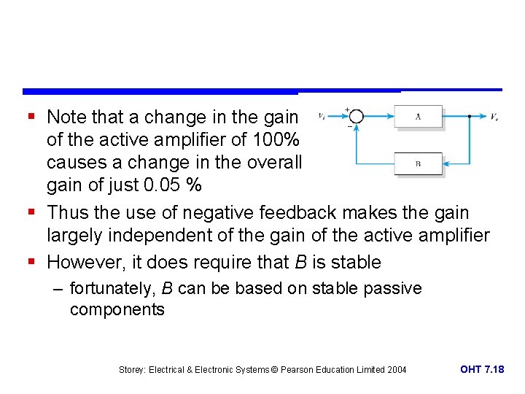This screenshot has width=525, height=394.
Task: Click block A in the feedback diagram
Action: coord(418,116)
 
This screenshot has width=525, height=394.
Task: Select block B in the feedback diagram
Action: coord(418,163)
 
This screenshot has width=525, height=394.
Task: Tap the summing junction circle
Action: coord(355,116)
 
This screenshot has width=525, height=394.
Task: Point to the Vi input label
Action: coord(322,116)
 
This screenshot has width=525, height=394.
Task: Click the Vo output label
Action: coord(494,116)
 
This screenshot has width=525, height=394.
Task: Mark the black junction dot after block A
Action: coord(468,116)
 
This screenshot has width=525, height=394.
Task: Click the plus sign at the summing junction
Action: coord(348,109)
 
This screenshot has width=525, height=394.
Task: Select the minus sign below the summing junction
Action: coord(349,126)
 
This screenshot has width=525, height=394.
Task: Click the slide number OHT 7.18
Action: coord(482,369)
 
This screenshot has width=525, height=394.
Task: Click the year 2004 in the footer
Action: coord(396,370)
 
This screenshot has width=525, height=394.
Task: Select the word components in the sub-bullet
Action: coord(117,309)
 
